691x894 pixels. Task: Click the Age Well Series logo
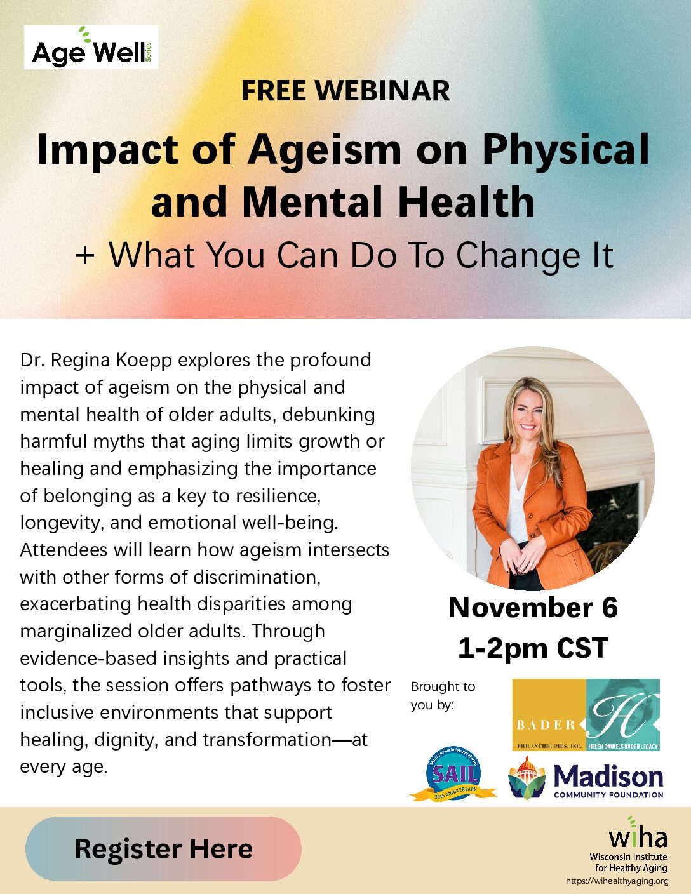[x=91, y=48]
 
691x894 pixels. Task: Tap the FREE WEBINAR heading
[x=345, y=91]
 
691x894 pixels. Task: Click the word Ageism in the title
[x=325, y=150]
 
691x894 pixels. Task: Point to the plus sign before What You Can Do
[x=85, y=256]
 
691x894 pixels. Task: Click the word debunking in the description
[x=328, y=415]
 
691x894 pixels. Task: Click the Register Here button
[x=163, y=848]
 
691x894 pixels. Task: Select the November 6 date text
[x=533, y=608]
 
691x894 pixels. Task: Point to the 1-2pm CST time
[x=533, y=648]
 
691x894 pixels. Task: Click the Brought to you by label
[x=443, y=695]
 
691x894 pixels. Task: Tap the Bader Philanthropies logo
[x=586, y=715]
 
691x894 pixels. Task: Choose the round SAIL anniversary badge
[x=453, y=774]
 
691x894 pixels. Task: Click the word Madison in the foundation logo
[x=608, y=776]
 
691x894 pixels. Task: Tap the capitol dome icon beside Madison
[x=527, y=778]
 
